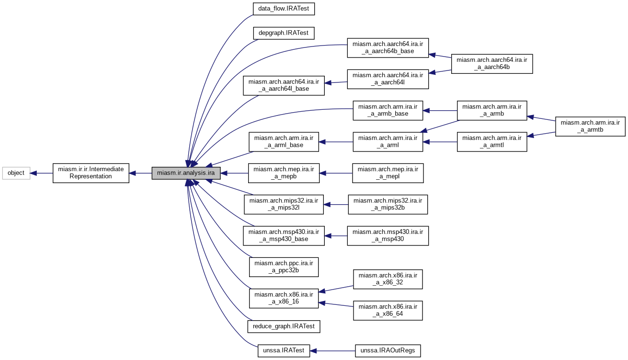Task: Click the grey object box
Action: [x=16, y=173]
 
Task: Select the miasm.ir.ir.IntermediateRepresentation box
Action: [x=91, y=173]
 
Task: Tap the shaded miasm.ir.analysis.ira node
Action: [x=186, y=173]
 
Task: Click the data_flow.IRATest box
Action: [x=284, y=9]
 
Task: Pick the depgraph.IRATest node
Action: [x=284, y=33]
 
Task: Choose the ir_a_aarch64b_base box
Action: [x=388, y=47]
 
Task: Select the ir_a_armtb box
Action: [x=590, y=126]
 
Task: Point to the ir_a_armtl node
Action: [x=492, y=142]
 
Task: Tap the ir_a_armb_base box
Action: [x=388, y=110]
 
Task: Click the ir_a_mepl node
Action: [x=388, y=173]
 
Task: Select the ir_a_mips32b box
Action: [x=388, y=204]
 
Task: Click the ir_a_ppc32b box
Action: [x=284, y=267]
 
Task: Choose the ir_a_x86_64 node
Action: [x=388, y=311]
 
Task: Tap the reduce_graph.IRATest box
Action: [x=284, y=327]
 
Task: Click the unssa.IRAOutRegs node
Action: [x=388, y=351]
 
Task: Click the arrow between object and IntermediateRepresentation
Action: [x=41, y=173]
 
